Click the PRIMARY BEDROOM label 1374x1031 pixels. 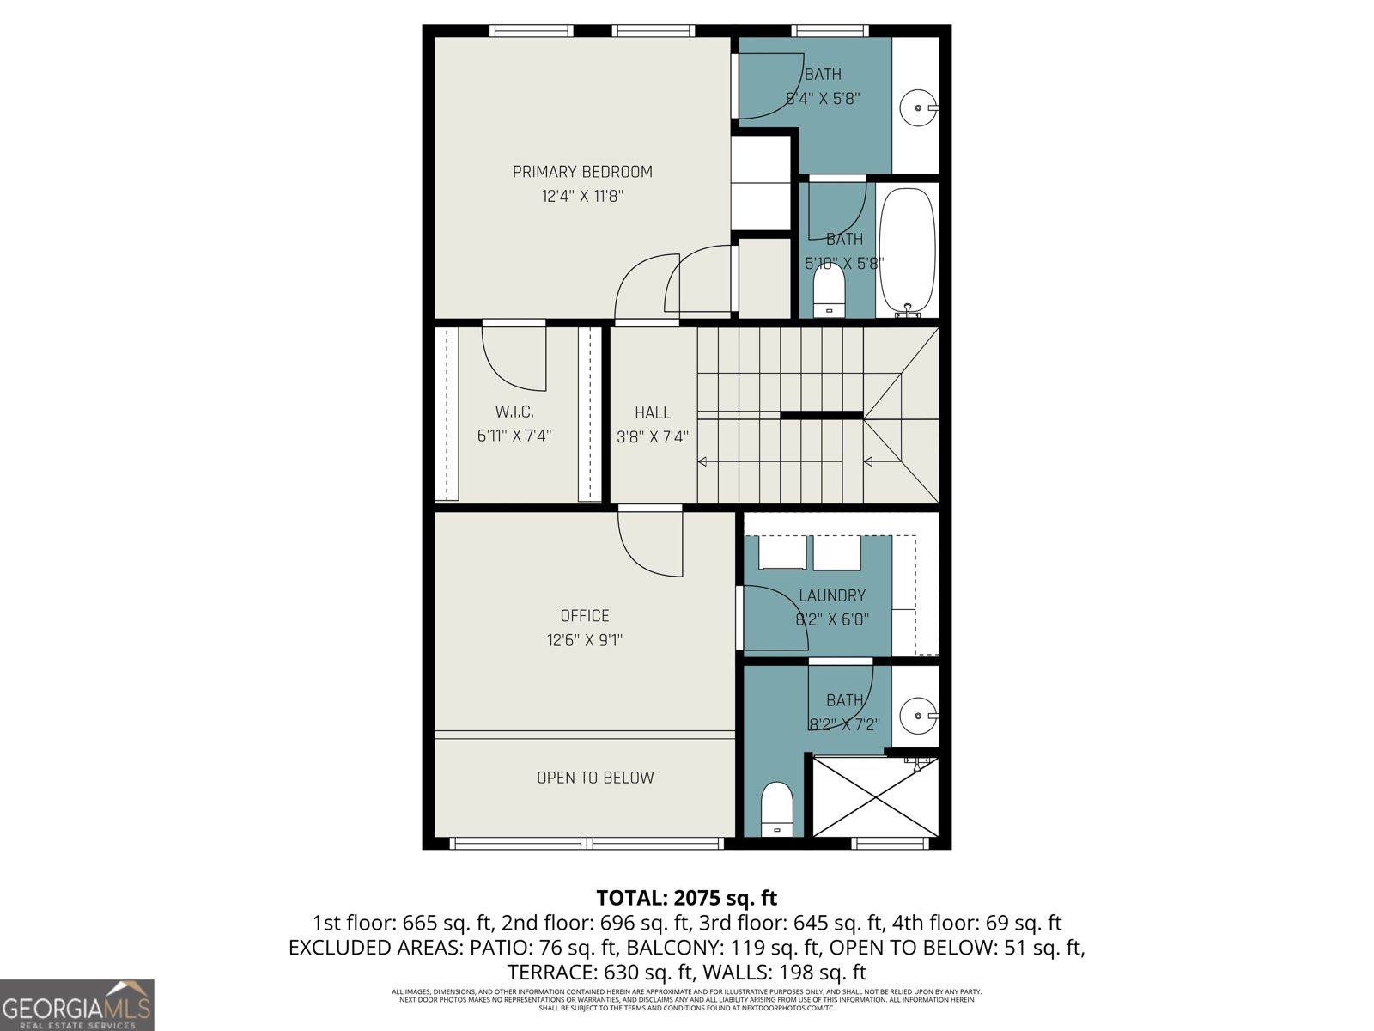tap(582, 172)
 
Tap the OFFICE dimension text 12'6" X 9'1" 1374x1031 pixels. tap(584, 640)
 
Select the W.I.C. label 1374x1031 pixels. tap(514, 412)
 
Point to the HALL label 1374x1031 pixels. tap(653, 413)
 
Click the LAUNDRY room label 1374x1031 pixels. tap(831, 595)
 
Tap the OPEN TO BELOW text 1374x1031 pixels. tap(595, 778)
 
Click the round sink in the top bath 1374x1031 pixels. tap(917, 108)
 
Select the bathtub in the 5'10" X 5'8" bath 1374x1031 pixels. tap(908, 249)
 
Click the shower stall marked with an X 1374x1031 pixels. tap(874, 796)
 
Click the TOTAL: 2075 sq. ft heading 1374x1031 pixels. tap(686, 898)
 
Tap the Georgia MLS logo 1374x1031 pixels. tap(76, 1004)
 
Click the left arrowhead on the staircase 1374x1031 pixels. tap(702, 462)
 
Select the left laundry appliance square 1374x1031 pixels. tap(782, 553)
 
